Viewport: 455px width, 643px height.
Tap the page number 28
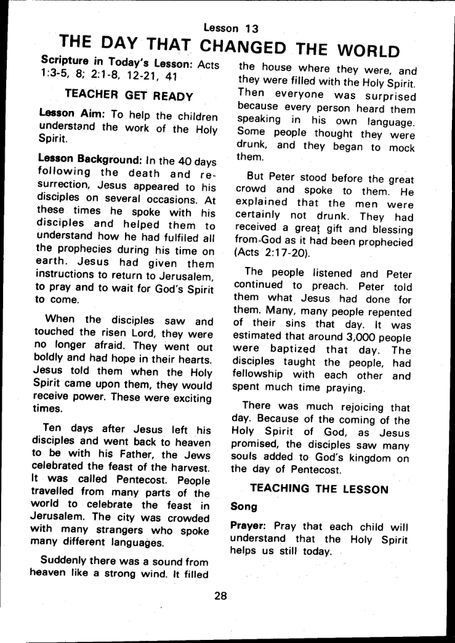click(221, 596)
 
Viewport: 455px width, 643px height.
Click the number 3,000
click(348, 337)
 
